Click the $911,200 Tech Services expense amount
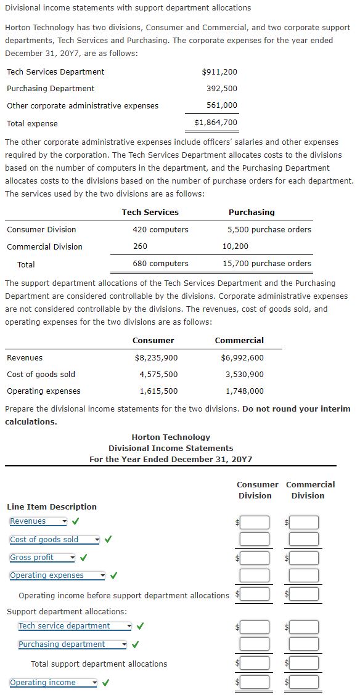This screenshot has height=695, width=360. pos(219,72)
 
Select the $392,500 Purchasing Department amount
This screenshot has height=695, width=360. pos(222,89)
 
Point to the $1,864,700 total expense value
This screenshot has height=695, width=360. pos(216,123)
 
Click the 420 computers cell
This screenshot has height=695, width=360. pos(160,230)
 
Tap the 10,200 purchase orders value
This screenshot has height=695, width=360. pos(235,246)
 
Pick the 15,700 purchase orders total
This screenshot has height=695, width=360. pos(267,264)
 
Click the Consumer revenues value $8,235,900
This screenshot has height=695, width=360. pos(156,358)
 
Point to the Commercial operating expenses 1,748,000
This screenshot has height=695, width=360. pos(245,391)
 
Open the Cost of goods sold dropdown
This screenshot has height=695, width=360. pos(54,540)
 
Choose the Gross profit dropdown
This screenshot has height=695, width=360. pos(42,558)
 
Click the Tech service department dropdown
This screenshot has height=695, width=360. pos(75,626)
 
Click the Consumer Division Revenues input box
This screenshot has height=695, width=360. pos(255,522)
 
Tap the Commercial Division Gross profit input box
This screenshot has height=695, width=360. pos(304,558)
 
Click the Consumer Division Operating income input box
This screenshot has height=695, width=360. pos(255,682)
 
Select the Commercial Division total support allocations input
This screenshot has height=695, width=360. pos(304,663)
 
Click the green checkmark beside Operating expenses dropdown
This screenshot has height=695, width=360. pos(114,575)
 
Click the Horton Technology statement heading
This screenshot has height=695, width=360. pos(171,437)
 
